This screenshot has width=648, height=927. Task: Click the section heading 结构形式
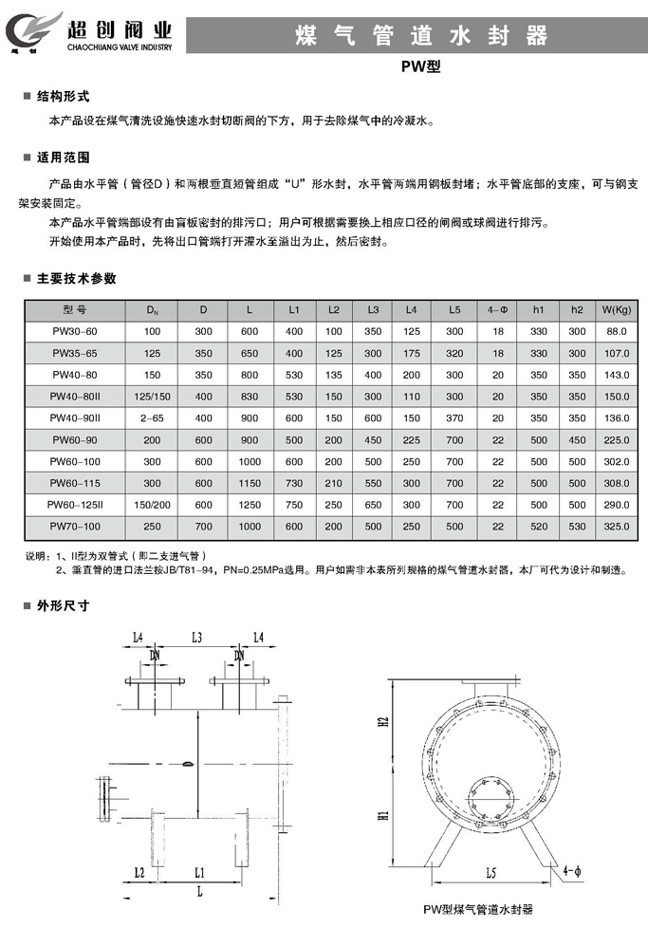click(63, 97)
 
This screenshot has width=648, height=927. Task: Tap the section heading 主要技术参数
click(76, 279)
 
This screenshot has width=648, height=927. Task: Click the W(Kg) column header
click(616, 309)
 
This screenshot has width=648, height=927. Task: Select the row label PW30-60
click(74, 331)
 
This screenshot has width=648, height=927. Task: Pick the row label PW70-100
click(74, 525)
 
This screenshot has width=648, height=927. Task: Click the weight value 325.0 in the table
click(617, 525)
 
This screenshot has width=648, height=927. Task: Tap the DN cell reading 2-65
click(152, 417)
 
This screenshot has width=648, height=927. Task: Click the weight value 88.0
click(617, 331)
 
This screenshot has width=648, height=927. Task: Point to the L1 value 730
click(294, 482)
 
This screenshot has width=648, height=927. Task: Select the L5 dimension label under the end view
click(485, 869)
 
